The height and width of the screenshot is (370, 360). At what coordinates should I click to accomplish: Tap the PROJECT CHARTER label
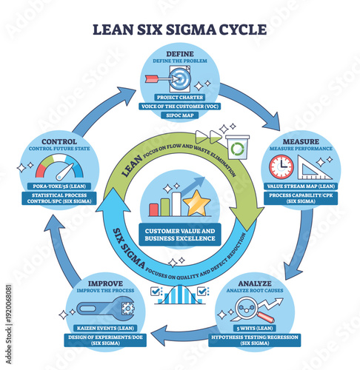tap(180, 96)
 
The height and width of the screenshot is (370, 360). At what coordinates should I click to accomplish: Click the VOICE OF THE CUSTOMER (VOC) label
tap(180, 107)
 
